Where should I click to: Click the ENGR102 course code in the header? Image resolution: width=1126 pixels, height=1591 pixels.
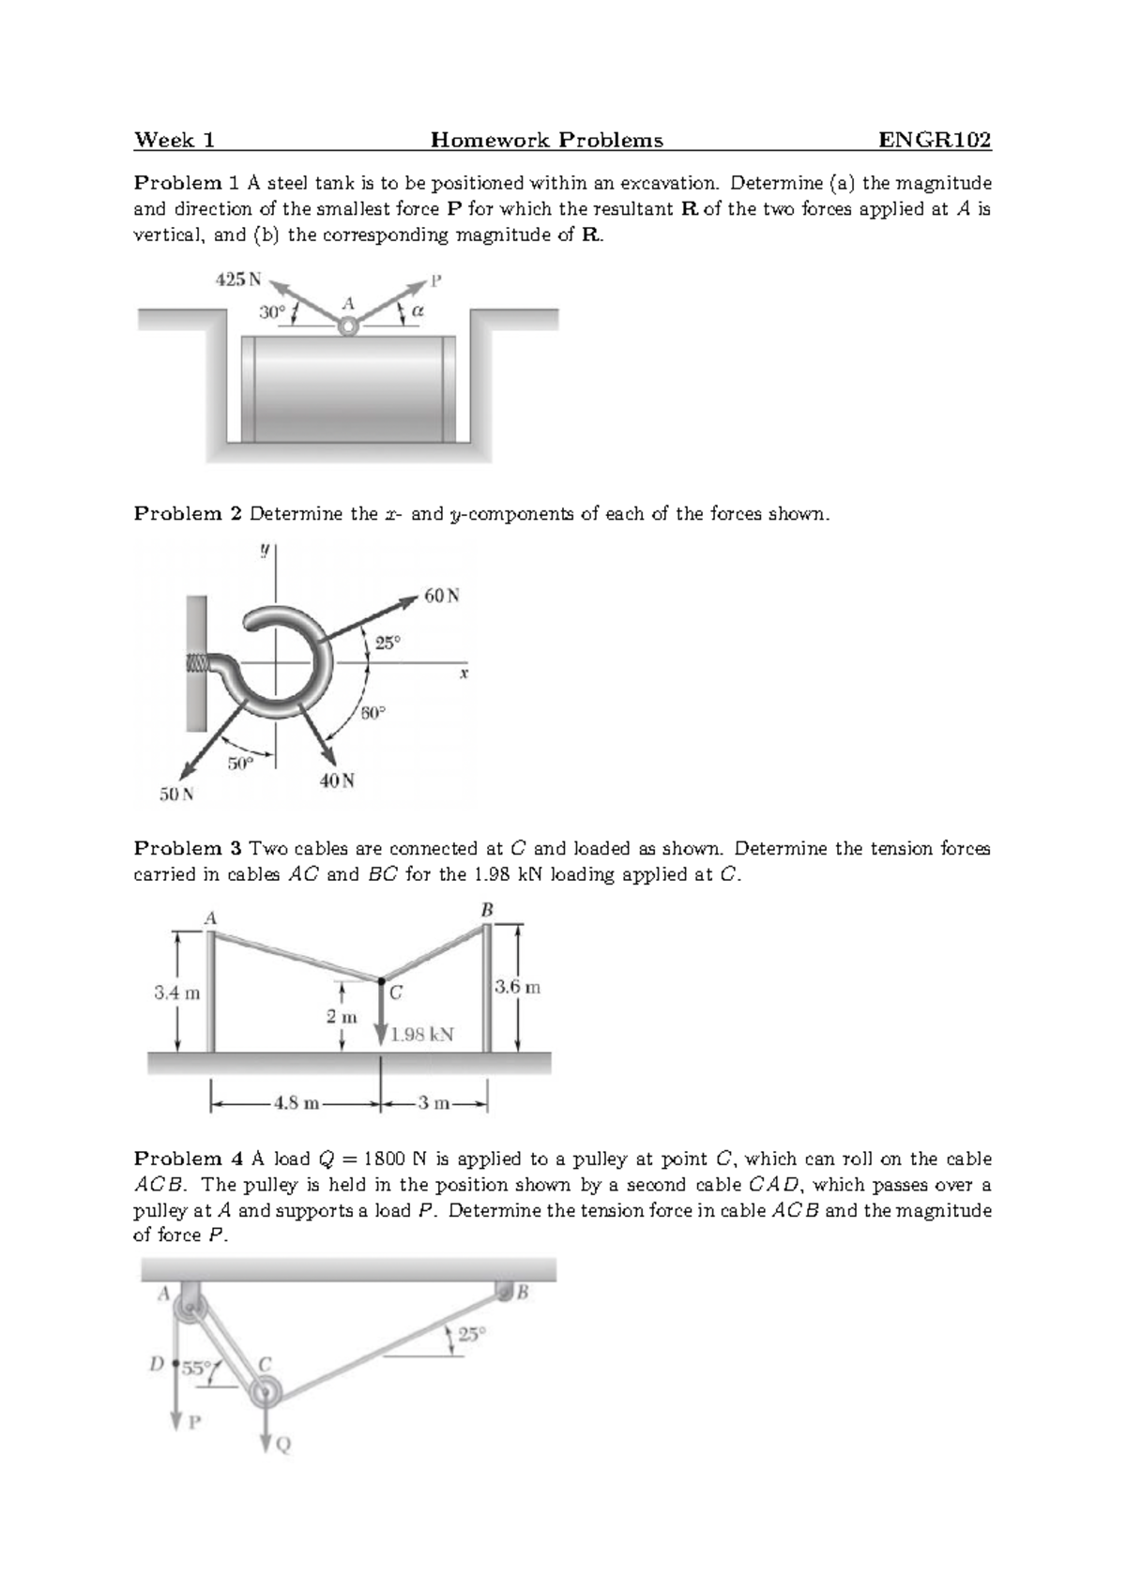[x=934, y=141]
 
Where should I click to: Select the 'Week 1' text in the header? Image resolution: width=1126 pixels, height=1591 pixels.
[x=175, y=141]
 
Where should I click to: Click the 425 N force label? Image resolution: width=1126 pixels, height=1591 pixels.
[x=239, y=279]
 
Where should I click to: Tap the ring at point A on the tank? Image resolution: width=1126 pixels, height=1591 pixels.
[x=348, y=326]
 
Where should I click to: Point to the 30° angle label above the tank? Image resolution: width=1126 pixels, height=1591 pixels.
[x=272, y=312]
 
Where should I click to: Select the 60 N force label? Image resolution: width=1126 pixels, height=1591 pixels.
[x=442, y=596]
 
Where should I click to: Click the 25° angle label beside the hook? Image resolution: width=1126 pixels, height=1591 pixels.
[x=388, y=643]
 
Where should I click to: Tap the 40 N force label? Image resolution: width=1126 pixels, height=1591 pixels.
[x=337, y=780]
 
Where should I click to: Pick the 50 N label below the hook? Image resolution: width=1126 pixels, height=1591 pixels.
[x=175, y=795]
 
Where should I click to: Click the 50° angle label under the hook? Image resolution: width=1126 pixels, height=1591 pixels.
[x=240, y=763]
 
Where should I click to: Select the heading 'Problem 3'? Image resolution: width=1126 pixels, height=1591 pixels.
[x=188, y=849]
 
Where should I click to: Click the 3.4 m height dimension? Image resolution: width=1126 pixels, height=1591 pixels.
[x=176, y=992]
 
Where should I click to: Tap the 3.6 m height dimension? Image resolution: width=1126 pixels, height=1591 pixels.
[x=518, y=987]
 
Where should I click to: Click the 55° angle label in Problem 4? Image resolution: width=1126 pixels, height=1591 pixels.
[x=197, y=1368]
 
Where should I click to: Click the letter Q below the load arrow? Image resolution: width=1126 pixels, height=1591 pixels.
[x=283, y=1446]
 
